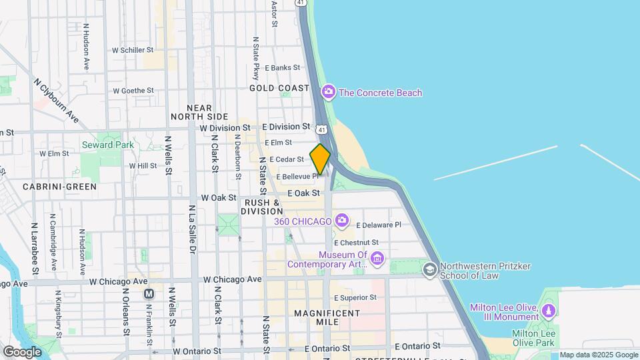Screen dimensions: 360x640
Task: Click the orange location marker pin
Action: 320,159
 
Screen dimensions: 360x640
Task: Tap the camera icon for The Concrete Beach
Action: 327,92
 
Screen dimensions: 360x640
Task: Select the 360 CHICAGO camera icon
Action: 341,220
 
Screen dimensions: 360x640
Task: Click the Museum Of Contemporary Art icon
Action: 376,258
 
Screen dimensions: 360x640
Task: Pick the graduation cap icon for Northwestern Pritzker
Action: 430,269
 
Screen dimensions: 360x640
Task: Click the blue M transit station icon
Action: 149,293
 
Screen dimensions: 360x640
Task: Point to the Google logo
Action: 21,351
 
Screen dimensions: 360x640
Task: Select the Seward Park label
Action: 107,145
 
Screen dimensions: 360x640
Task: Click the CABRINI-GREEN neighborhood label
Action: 59,187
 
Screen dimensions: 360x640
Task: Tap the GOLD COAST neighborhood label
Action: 279,88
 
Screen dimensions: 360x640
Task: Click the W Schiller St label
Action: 133,50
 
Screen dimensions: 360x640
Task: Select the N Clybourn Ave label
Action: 56,104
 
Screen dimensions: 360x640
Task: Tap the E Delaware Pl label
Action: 379,225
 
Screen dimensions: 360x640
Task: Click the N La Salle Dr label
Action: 191,230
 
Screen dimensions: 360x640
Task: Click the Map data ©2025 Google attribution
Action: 598,355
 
